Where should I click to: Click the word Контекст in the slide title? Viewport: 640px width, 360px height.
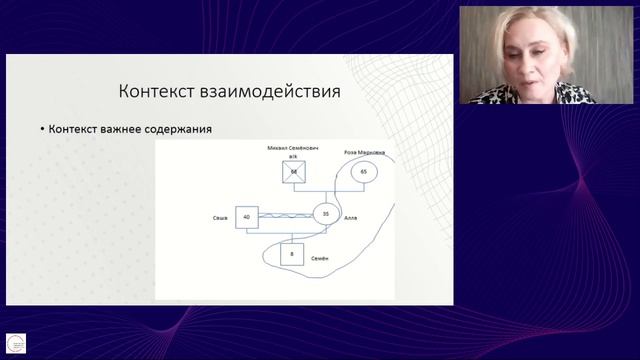click(x=155, y=92)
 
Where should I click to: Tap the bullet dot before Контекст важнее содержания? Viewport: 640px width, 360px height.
click(x=42, y=130)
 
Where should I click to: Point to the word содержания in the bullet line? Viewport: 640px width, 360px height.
click(x=186, y=130)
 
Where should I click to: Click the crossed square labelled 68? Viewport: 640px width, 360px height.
click(x=294, y=172)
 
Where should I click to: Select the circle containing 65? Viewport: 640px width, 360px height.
click(x=363, y=172)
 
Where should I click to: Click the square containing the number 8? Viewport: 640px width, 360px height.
click(x=291, y=255)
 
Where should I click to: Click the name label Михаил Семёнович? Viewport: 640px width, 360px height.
click(x=293, y=147)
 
